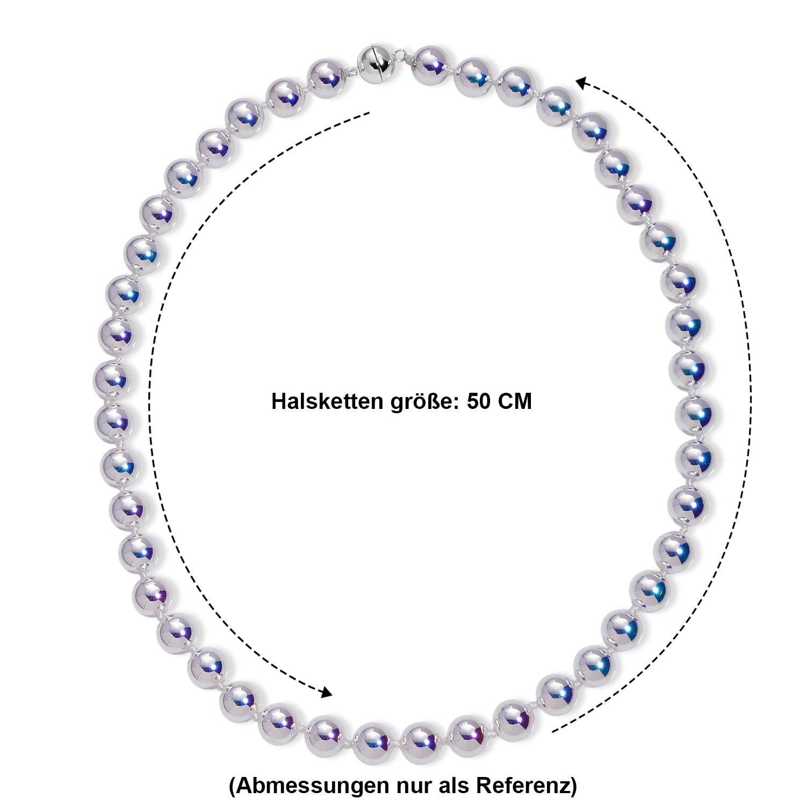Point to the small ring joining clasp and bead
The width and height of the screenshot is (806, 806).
pyautogui.click(x=401, y=55)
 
